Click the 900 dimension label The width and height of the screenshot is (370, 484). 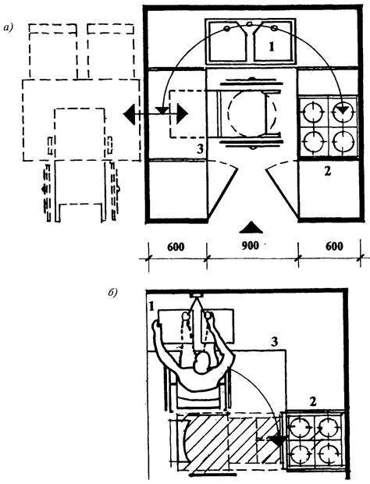pos(251,246)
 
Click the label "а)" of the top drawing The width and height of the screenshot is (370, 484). pos(8,28)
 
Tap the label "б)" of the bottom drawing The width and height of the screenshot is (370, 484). pos(112,293)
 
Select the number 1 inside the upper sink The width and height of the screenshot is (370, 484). pos(272,47)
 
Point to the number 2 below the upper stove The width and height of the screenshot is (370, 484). pos(328,171)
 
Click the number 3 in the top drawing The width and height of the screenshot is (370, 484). pos(201,149)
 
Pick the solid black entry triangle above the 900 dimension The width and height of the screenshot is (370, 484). pos(251,227)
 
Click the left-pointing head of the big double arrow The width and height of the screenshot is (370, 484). pos(130,114)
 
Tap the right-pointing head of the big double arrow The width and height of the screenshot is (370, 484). pos(182,114)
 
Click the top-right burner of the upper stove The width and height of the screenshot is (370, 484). pos(342,111)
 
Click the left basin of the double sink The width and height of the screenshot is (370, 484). pos(229,41)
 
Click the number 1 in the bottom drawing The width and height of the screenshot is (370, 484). pos(151,307)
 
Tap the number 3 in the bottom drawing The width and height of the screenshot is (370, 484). pos(274,342)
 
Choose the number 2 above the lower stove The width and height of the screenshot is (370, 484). pos(313,401)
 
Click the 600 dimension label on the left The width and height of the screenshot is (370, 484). pos(176,247)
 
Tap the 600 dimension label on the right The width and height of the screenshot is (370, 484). pos(334,247)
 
